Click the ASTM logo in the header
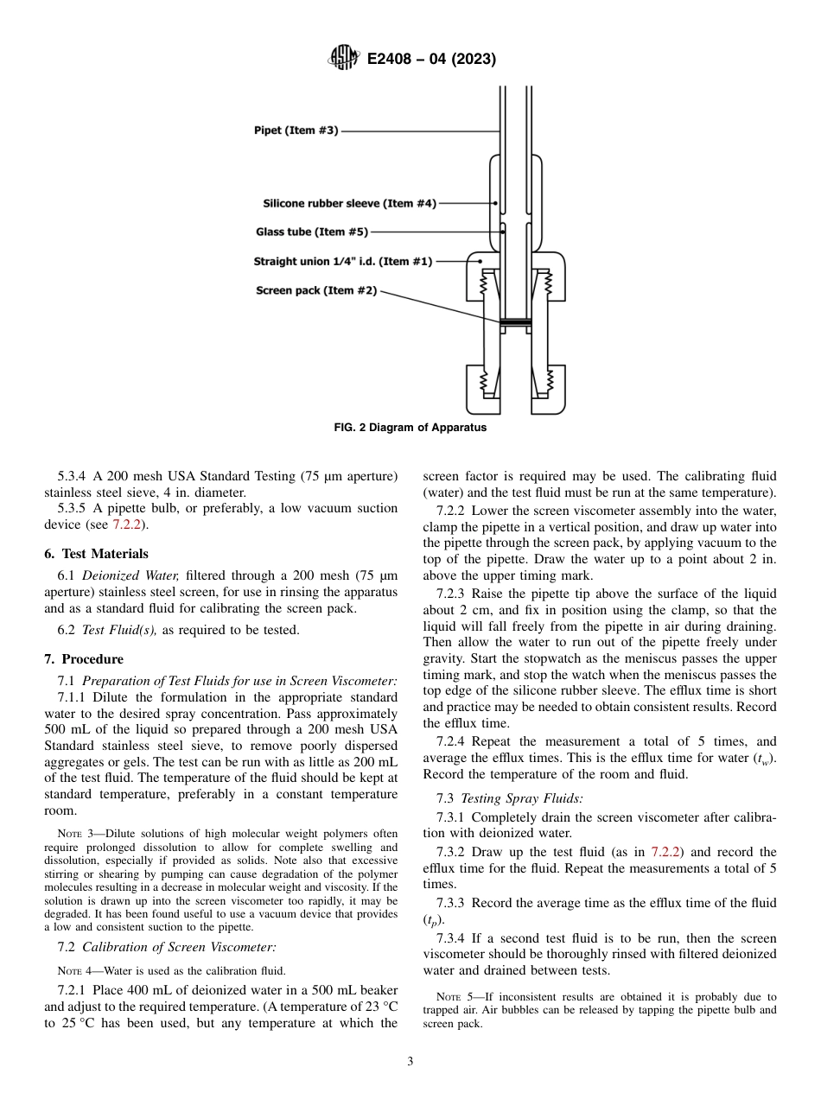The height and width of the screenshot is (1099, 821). (343, 59)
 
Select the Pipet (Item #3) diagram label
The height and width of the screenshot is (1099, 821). (296, 131)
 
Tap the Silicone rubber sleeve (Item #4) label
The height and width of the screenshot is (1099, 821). (349, 203)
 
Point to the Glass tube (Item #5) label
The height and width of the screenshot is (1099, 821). (312, 232)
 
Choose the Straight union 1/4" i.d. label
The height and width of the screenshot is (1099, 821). (343, 261)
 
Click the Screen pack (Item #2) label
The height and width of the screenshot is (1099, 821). (316, 290)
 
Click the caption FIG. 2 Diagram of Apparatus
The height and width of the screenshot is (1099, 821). (410, 428)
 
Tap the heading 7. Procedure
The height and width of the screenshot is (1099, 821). (84, 659)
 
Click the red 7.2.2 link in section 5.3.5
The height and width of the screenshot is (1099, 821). (126, 524)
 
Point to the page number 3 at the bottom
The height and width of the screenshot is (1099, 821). (410, 1062)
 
